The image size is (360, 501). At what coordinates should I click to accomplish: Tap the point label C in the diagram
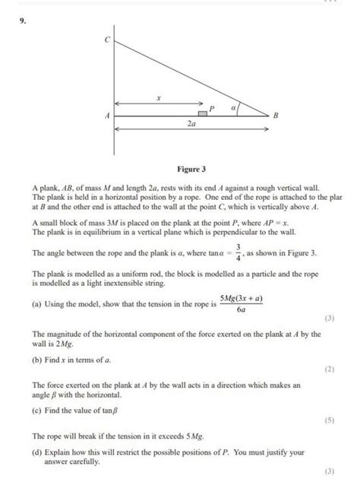107,39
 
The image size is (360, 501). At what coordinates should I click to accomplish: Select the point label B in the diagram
276,116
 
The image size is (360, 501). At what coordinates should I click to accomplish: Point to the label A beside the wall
107,116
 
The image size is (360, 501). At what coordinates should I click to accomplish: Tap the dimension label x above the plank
158,98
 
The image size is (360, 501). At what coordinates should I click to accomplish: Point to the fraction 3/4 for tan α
238,251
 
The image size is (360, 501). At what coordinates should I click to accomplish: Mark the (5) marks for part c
329,420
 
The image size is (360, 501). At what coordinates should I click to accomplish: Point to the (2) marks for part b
329,369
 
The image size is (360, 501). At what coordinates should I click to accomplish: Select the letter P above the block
213,107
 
